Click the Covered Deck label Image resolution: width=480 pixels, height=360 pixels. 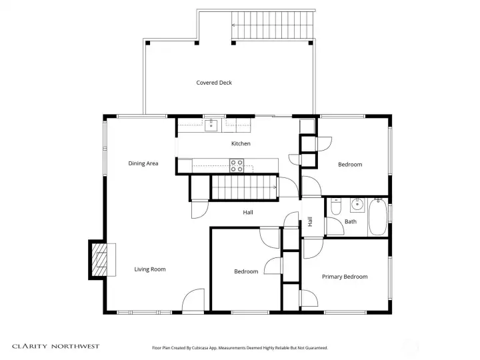click(214, 83)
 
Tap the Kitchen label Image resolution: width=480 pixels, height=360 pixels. click(241, 143)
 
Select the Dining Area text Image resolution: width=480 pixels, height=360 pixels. click(143, 163)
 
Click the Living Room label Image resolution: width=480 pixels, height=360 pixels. click(149, 269)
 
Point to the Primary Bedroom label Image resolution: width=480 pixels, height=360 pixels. click(345, 277)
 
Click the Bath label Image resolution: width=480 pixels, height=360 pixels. click(351, 221)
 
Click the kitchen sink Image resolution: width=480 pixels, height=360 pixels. click(212, 123)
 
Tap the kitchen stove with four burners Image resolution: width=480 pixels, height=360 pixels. click(237, 164)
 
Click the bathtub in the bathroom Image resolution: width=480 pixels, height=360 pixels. click(377, 217)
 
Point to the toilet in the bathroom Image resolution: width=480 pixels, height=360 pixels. click(335, 206)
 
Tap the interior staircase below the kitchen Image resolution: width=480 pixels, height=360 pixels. click(243, 187)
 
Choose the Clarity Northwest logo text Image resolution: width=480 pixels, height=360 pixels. click(56, 346)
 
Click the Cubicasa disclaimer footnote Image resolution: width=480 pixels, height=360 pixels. click(240, 347)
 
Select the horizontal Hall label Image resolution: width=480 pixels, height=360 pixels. click(247, 213)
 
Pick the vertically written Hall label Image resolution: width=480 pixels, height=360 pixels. click(310, 221)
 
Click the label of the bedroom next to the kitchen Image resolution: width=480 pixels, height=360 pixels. click(349, 164)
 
